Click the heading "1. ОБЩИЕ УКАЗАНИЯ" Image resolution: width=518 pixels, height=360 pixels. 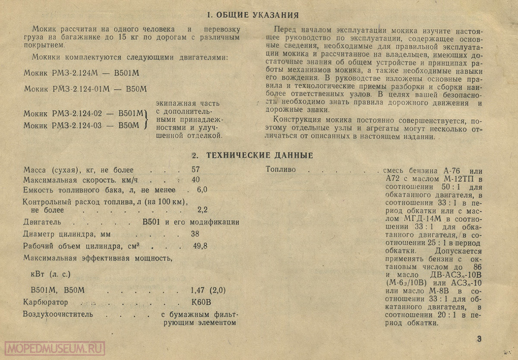[253, 16]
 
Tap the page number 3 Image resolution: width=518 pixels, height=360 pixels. [479, 338]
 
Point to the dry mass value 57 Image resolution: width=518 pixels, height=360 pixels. [195, 170]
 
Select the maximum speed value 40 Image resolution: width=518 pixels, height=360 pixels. [195, 180]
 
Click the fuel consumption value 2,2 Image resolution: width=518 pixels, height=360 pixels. [202, 210]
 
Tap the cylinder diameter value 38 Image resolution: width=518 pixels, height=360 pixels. [195, 234]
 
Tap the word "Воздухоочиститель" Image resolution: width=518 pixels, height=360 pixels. [58, 314]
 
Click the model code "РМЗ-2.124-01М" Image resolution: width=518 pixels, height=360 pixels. [81, 89]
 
